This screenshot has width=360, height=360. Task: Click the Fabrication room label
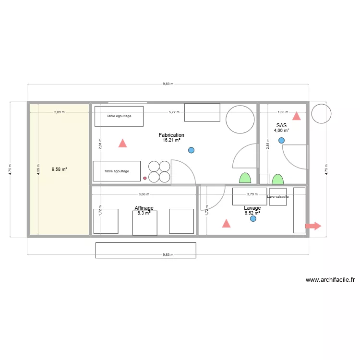pyautogui.click(x=171, y=135)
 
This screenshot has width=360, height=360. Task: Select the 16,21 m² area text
pyautogui.click(x=171, y=141)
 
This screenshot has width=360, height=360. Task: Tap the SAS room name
pyautogui.click(x=281, y=125)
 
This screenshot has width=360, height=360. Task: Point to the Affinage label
pyautogui.click(x=144, y=208)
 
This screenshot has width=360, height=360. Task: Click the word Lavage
pyautogui.click(x=252, y=208)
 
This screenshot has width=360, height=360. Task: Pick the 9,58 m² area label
pyautogui.click(x=59, y=169)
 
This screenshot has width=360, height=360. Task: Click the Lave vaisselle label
pyautogui.click(x=278, y=197)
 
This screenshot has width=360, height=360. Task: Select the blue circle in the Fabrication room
pyautogui.click(x=192, y=150)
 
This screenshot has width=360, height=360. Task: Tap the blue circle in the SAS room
pyautogui.click(x=281, y=140)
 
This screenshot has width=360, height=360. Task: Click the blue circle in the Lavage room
pyautogui.click(x=253, y=218)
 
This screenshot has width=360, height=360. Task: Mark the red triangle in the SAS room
pyautogui.click(x=297, y=116)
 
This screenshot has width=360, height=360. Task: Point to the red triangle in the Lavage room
pyautogui.click(x=226, y=223)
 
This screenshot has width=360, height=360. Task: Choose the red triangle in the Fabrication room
pyautogui.click(x=122, y=143)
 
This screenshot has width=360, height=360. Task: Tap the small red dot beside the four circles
pyautogui.click(x=145, y=178)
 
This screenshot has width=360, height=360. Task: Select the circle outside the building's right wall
pyautogui.click(x=321, y=114)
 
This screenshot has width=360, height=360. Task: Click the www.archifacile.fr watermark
pyautogui.click(x=330, y=280)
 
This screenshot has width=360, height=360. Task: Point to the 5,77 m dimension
pyautogui.click(x=174, y=112)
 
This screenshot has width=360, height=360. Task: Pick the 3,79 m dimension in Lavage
pyautogui.click(x=252, y=194)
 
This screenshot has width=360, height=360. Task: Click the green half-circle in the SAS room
pyautogui.click(x=277, y=180)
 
